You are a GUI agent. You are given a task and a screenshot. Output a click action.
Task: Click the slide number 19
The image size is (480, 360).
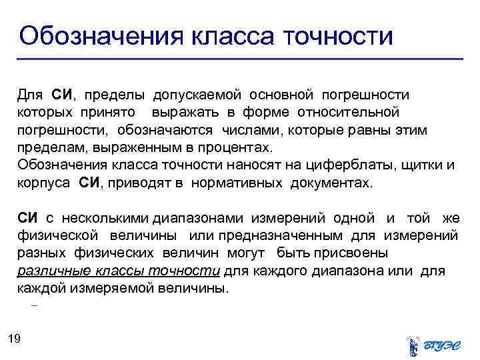(15, 339)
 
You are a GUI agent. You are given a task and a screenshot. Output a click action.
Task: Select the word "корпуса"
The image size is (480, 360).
(43, 183)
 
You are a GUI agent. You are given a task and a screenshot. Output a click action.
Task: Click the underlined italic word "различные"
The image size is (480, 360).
(50, 271)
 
